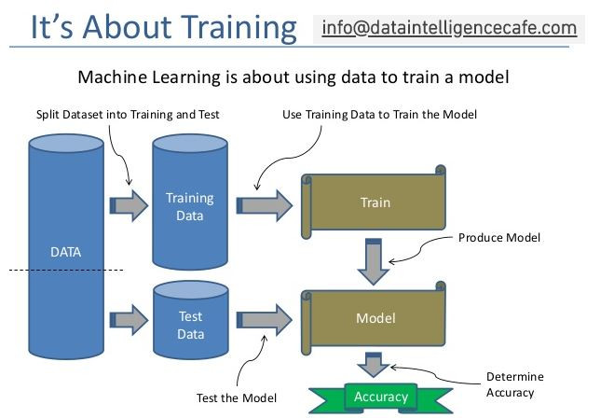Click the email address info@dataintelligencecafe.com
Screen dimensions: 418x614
(x=449, y=28)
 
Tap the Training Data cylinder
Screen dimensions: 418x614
(x=189, y=205)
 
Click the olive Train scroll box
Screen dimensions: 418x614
(x=375, y=202)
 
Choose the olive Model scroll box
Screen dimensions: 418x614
(x=375, y=318)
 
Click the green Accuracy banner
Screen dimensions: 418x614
(x=380, y=397)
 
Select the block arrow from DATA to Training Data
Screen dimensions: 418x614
(x=129, y=204)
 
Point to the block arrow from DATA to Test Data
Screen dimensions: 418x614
(x=129, y=320)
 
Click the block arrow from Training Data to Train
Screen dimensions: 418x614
(x=264, y=204)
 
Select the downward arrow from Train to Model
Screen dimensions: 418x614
(x=374, y=260)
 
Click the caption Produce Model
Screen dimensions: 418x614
(x=498, y=238)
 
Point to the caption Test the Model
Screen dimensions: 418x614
(x=236, y=398)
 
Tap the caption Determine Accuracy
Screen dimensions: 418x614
(x=514, y=384)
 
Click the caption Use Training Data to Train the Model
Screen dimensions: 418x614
(x=379, y=115)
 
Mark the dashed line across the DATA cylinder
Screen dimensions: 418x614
(x=65, y=271)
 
